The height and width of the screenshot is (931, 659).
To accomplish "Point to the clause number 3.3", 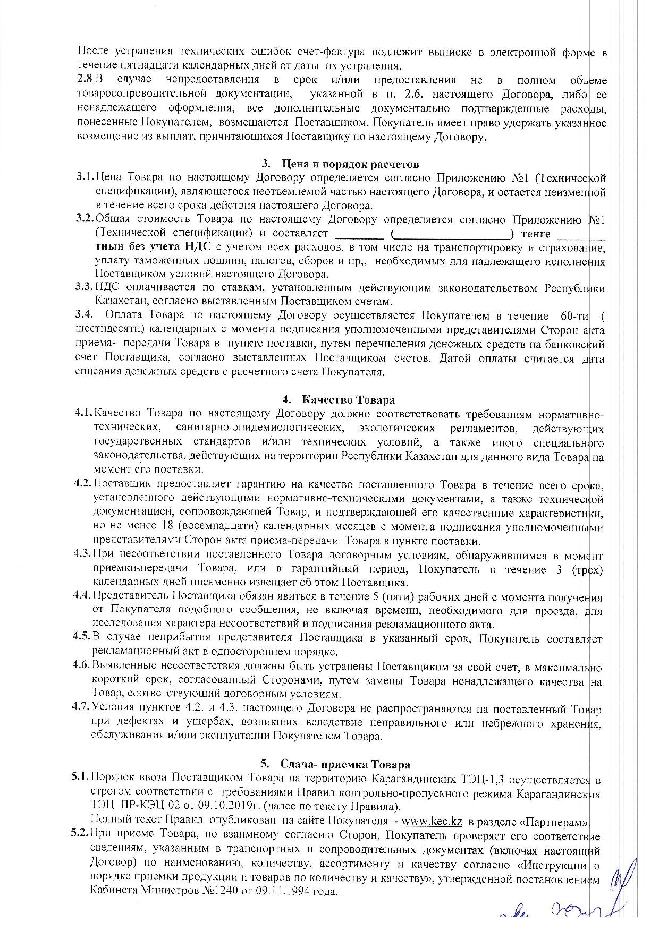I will coord(84,288).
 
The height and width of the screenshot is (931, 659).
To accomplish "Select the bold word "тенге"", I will coord(536,234).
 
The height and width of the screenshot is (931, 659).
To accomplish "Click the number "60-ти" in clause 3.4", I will coord(574,315).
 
